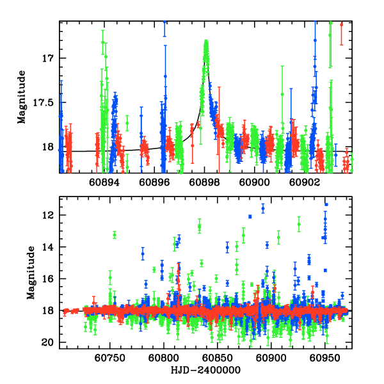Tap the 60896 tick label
(x=154, y=182)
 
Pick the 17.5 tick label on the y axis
(x=45, y=102)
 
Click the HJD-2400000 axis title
(x=205, y=370)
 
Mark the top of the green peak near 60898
(x=206, y=42)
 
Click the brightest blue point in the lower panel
(x=326, y=205)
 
